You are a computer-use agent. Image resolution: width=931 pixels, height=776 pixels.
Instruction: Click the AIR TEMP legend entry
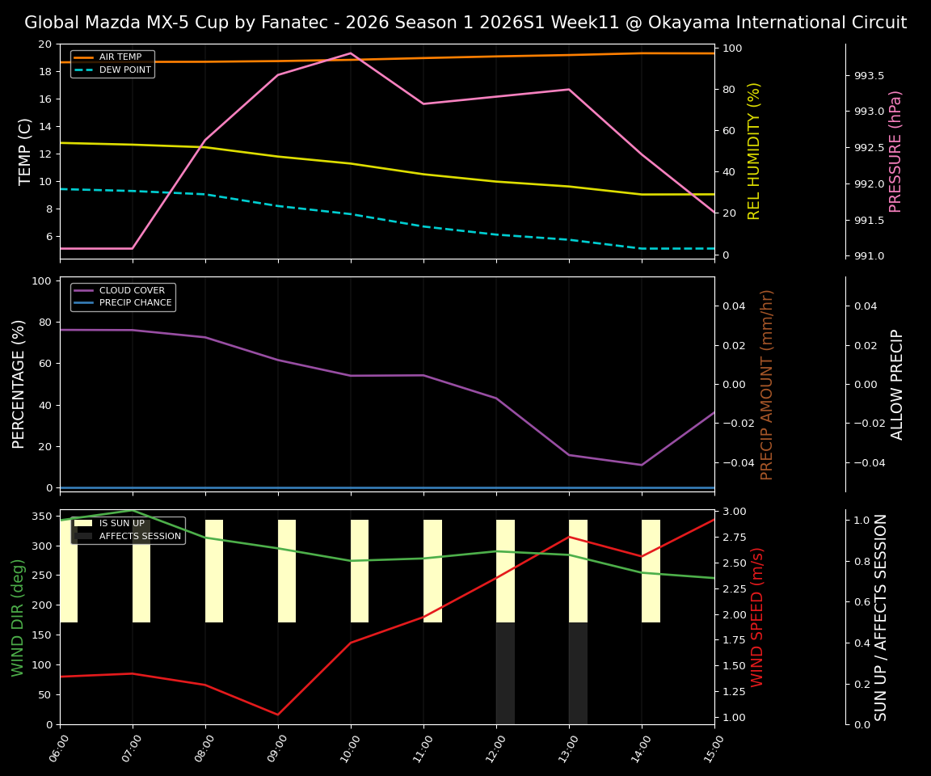(120, 57)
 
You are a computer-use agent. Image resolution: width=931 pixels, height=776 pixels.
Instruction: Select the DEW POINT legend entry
(124, 70)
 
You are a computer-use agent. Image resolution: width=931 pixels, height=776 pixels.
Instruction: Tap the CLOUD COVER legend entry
(132, 290)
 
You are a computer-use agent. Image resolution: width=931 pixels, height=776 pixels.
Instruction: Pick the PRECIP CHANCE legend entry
(135, 303)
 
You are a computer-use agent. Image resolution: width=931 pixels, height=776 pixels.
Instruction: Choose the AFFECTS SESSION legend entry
(140, 536)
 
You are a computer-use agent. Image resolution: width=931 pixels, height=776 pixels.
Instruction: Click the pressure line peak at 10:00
(351, 53)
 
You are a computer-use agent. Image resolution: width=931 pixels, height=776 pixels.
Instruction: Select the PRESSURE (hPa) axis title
(895, 151)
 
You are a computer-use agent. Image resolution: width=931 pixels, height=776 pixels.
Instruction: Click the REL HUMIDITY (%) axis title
(755, 151)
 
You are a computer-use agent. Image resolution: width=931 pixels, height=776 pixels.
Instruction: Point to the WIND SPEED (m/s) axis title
(757, 617)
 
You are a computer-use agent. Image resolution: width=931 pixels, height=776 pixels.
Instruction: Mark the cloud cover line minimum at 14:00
(642, 465)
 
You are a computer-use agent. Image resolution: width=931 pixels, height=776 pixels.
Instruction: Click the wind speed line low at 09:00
(278, 715)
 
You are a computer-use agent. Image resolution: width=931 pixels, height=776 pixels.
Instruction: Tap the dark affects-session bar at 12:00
(505, 673)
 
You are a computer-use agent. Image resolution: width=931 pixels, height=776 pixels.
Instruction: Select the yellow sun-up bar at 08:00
(214, 571)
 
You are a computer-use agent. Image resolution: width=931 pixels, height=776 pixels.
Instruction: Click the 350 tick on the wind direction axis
(44, 517)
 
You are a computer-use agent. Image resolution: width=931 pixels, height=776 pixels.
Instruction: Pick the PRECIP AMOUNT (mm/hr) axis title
(767, 384)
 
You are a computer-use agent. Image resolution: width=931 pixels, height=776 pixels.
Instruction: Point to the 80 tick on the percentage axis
(44, 322)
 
